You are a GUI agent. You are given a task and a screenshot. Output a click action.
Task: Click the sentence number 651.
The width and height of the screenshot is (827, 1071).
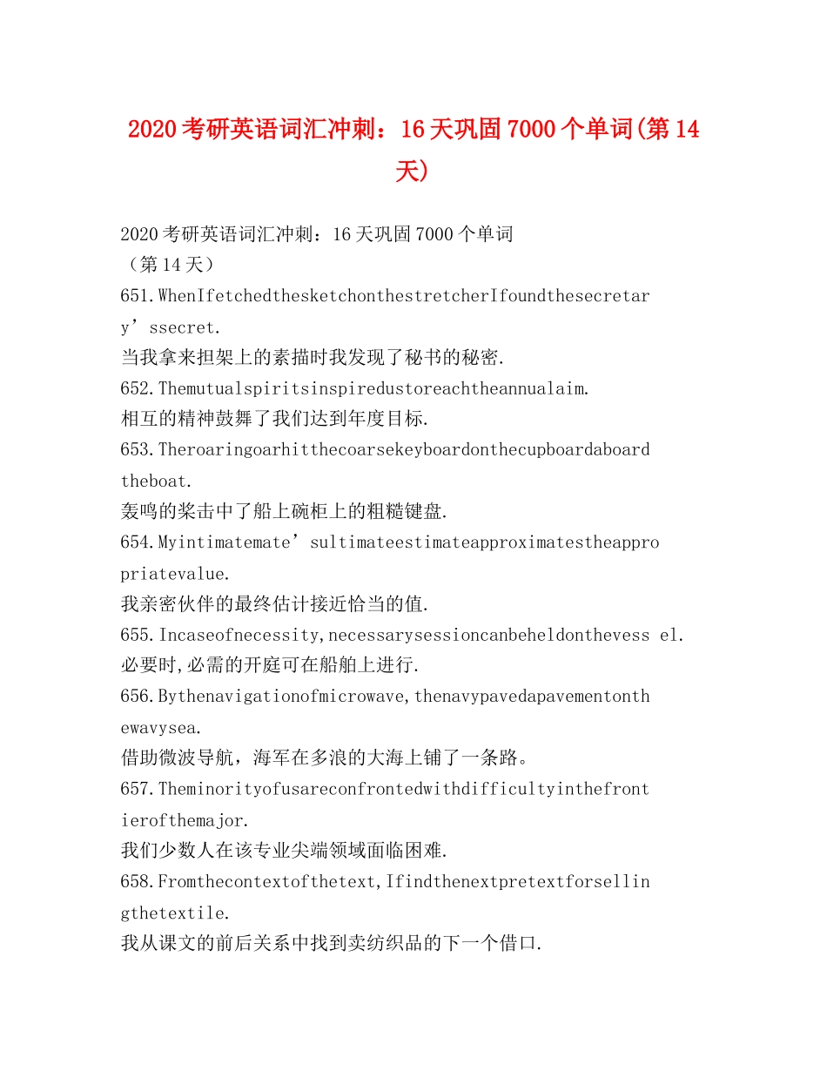click(x=137, y=296)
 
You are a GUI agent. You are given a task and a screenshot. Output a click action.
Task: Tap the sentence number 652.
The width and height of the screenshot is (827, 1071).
click(x=137, y=388)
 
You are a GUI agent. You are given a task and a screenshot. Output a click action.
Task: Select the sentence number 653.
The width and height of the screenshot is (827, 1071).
click(x=137, y=450)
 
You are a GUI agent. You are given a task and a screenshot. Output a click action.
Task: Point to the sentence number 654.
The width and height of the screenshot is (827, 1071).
click(x=137, y=542)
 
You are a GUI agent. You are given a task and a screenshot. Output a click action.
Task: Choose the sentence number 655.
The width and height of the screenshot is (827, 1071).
click(x=137, y=635)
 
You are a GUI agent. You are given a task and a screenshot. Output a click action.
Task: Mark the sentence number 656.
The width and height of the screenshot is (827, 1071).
click(x=137, y=697)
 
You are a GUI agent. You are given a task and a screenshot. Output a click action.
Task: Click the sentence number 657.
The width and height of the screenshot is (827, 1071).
click(x=137, y=789)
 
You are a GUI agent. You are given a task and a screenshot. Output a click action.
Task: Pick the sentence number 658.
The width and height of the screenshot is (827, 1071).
click(x=137, y=881)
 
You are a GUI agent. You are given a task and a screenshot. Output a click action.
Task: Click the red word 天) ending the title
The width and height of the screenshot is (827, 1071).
click(x=413, y=170)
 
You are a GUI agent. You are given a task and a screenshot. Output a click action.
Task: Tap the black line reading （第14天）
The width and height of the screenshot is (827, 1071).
click(x=166, y=265)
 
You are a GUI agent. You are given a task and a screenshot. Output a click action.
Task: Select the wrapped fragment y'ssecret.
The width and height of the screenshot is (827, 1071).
click(x=171, y=327)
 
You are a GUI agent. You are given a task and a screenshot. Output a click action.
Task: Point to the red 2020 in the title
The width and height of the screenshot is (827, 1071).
click(x=153, y=130)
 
